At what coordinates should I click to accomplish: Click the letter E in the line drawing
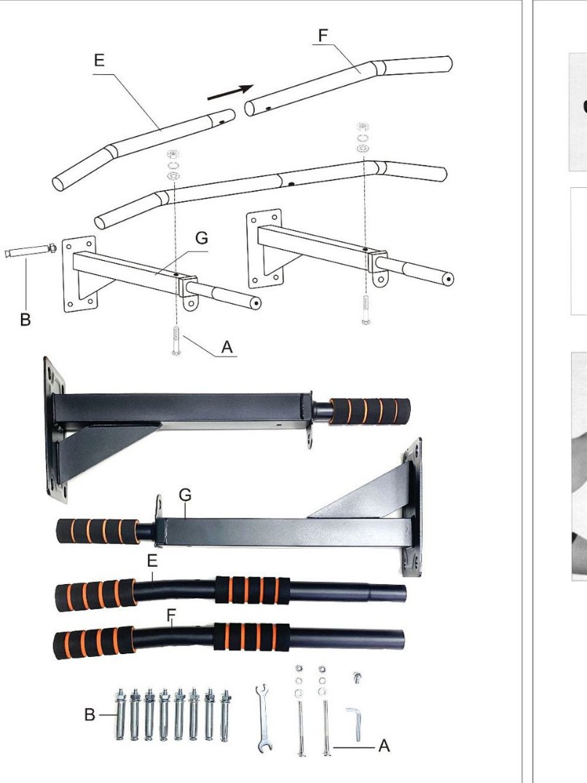point(99,61)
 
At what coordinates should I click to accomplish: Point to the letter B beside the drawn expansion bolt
point(25,320)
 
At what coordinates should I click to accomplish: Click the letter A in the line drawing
point(227,347)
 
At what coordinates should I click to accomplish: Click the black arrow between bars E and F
point(230,93)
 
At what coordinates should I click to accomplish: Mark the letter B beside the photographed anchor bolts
point(90,715)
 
